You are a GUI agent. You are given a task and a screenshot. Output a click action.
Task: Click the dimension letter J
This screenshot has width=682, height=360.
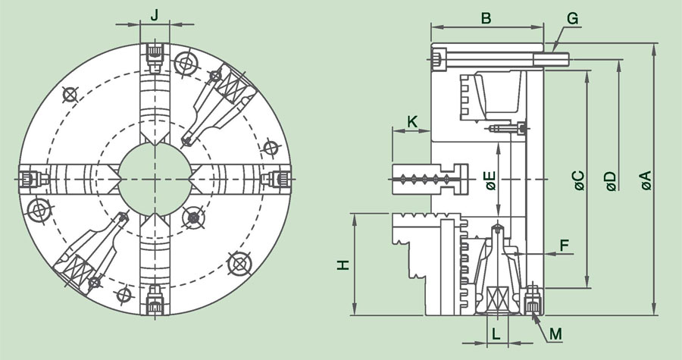155,14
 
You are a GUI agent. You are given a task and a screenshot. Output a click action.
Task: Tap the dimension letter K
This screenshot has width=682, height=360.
411,121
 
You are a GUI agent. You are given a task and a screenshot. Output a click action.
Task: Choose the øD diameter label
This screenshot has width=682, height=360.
610,180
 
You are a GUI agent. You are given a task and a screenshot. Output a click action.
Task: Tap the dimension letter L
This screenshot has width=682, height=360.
496,333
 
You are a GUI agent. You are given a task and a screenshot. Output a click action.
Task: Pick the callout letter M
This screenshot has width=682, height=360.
555,333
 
